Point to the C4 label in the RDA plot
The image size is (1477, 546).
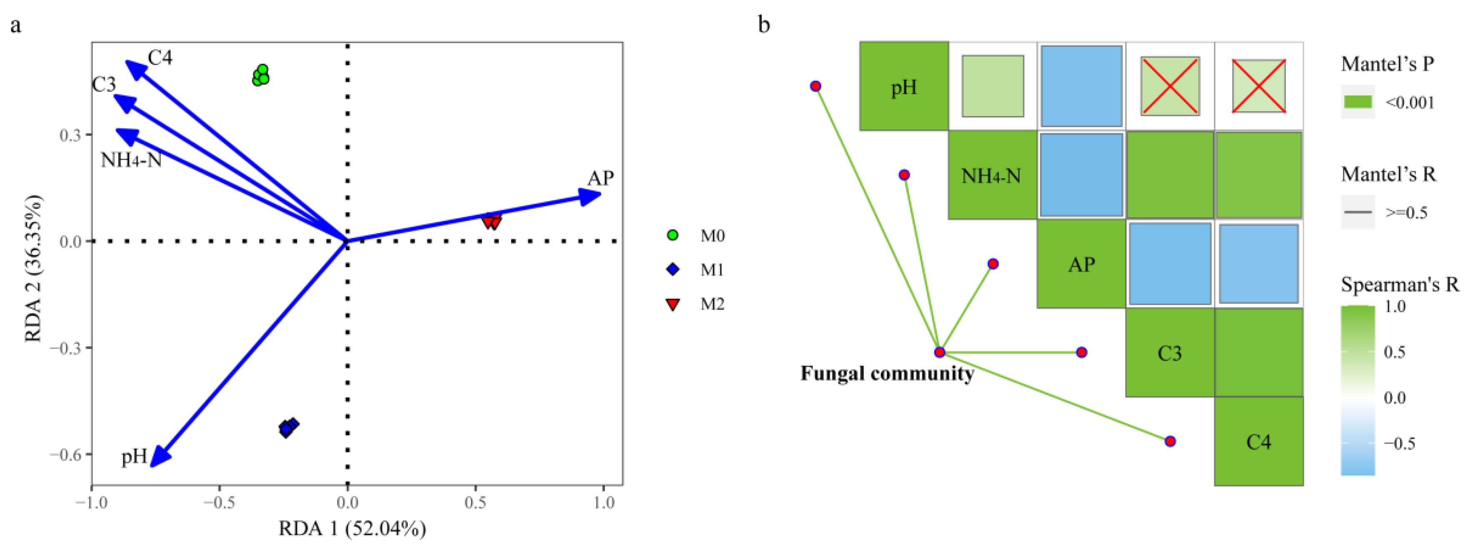coord(160,58)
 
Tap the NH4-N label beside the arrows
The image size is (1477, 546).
coord(131,160)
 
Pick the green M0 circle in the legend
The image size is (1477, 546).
coord(673,235)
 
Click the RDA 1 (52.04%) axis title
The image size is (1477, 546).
coord(352,528)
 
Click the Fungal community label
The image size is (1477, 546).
coord(887,374)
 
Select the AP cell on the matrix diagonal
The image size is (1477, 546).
coord(1081,264)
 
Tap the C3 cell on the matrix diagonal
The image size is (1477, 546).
coord(1170,353)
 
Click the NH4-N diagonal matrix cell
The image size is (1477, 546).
coord(992,175)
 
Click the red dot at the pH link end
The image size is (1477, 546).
coord(815,86)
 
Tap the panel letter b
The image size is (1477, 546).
coord(764,25)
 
